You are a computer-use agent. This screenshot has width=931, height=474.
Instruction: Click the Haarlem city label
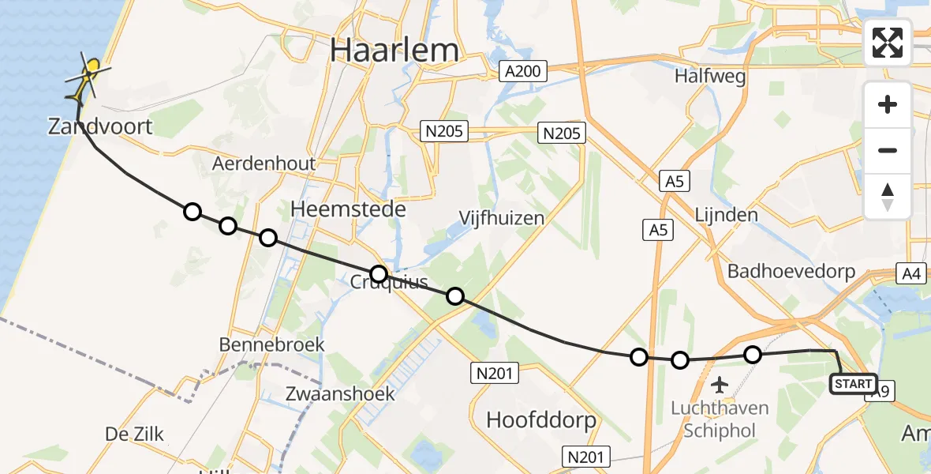click(394, 50)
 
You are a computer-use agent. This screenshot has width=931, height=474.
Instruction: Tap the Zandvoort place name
click(100, 126)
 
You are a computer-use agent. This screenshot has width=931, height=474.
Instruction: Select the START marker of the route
click(853, 384)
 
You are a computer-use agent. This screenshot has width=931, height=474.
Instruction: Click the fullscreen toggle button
click(888, 43)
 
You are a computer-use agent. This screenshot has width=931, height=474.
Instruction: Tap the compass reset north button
click(888, 197)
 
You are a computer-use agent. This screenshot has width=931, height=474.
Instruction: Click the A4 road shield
click(911, 273)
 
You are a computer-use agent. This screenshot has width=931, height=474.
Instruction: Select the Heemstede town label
click(348, 209)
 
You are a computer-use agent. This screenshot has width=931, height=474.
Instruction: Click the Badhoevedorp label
click(791, 271)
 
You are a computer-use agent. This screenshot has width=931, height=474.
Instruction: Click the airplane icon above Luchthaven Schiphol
click(719, 386)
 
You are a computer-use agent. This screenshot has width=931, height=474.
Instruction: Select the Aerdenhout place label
click(264, 164)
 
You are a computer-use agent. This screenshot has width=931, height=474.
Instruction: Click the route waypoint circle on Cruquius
click(379, 274)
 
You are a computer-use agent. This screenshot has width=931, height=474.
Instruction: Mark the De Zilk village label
click(134, 433)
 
